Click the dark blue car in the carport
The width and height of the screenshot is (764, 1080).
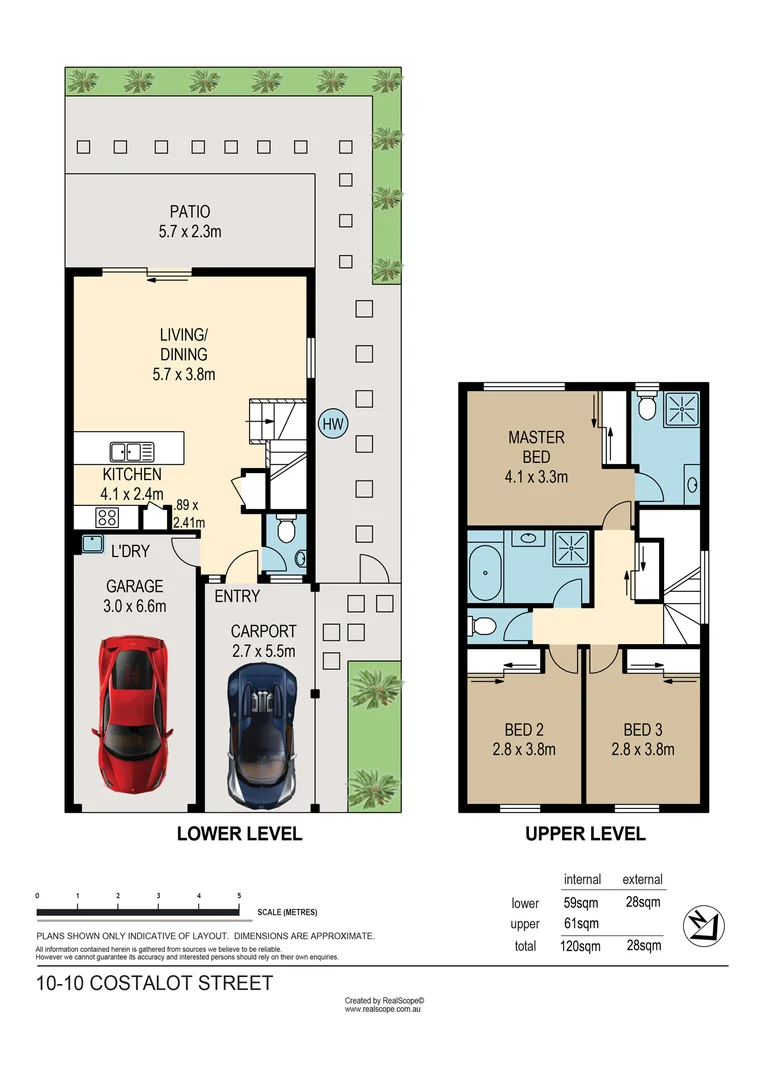tap(260, 736)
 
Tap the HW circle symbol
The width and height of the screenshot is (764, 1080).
tap(332, 424)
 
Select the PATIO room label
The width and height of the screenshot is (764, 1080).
tap(190, 212)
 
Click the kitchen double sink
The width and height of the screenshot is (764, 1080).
tap(133, 451)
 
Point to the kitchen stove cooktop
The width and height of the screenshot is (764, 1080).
tap(107, 517)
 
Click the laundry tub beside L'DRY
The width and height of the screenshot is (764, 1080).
tap(92, 544)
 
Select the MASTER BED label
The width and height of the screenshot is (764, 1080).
tap(536, 447)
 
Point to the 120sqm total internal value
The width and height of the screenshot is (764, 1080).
tap(581, 945)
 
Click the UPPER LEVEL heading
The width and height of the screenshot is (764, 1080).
tap(585, 833)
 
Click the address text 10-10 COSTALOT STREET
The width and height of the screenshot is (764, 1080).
tap(153, 983)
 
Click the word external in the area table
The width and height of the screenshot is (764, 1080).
tap(642, 880)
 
